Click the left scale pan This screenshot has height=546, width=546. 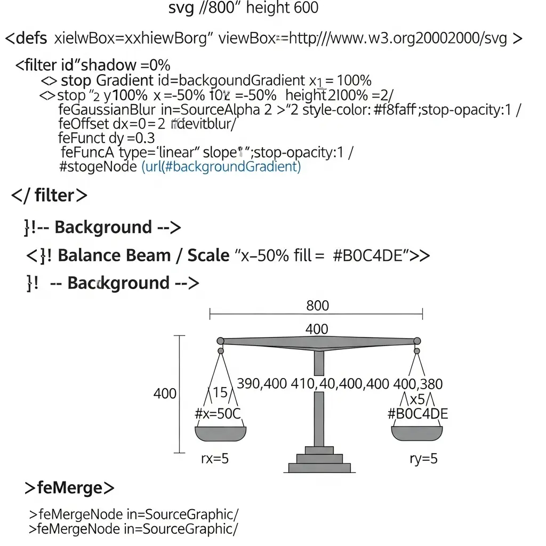coord(220,433)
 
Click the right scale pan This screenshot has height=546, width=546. coord(417,433)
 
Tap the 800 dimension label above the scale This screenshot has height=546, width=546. coord(318,306)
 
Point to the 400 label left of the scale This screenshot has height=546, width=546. coord(165,394)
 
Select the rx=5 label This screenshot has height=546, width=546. coord(215,459)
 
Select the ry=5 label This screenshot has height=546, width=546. coord(423,459)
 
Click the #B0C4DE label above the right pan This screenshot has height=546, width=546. coord(417,414)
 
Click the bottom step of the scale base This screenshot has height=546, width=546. coord(319,468)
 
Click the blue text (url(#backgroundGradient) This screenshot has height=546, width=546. coord(221,166)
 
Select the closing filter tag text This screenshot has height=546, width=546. coord(49,195)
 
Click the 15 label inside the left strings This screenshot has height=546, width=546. coord(220,393)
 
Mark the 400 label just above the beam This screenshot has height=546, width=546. coord(317,329)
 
